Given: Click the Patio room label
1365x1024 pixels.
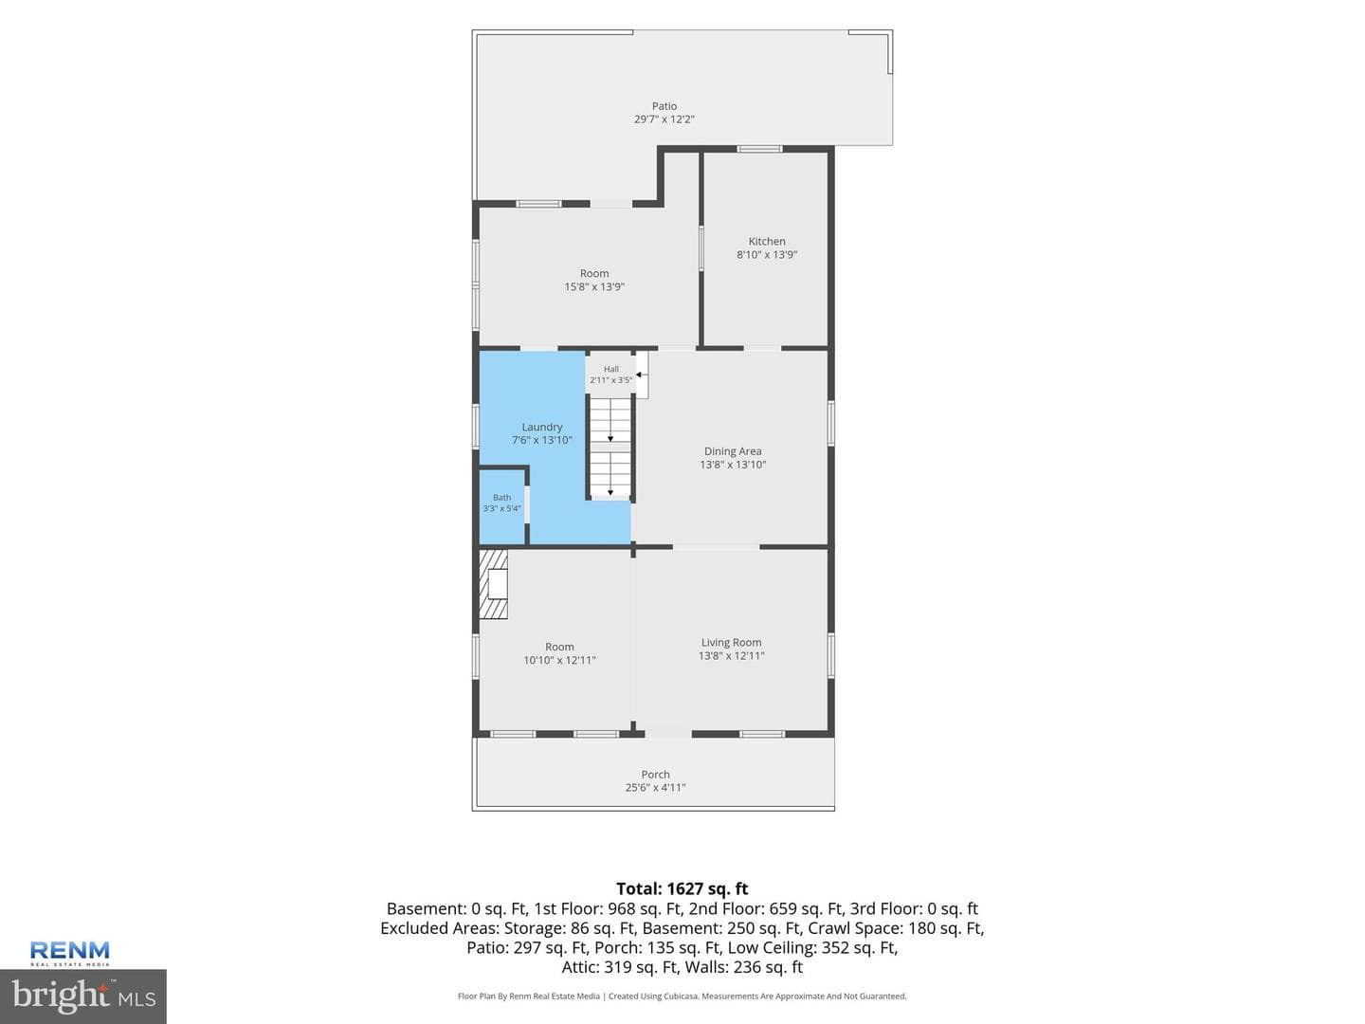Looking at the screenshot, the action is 664,106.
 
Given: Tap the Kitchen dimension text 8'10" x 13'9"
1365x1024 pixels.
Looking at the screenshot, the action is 767,254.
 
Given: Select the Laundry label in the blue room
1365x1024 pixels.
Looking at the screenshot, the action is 541,427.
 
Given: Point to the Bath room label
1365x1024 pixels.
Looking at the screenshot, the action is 501,498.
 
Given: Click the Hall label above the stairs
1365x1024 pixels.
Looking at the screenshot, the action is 610,370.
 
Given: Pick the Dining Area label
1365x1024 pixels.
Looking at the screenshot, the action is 733,451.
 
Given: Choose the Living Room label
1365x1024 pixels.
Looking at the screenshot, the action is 731,642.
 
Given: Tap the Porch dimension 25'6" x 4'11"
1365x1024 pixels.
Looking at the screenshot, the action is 655,788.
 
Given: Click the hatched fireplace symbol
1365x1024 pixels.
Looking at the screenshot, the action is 493,584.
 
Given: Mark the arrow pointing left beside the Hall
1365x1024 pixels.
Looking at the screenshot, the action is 642,375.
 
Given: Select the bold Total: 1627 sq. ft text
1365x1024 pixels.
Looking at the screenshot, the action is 682,888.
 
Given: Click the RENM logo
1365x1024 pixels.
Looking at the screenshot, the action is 69,953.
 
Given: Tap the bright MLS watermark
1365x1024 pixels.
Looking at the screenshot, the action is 83,996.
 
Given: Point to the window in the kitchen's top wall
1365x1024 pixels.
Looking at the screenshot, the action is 759,149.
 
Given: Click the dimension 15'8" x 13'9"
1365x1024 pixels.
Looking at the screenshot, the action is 594,286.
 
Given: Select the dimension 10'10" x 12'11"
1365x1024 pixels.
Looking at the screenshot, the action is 559,660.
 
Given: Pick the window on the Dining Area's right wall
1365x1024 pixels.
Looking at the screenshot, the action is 830,423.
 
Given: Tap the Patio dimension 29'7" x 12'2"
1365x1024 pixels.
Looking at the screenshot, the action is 664,119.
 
